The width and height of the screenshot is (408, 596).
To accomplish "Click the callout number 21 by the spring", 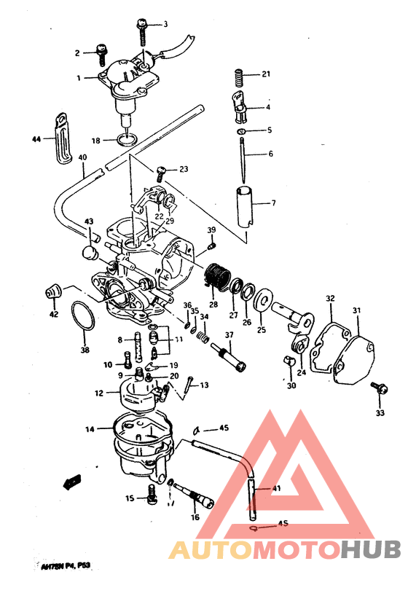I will click(266, 74).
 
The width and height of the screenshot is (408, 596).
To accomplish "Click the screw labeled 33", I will click(377, 388).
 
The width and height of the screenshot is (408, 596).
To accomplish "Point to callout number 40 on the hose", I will click(82, 157).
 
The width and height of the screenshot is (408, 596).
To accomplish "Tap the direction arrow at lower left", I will click(72, 480).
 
